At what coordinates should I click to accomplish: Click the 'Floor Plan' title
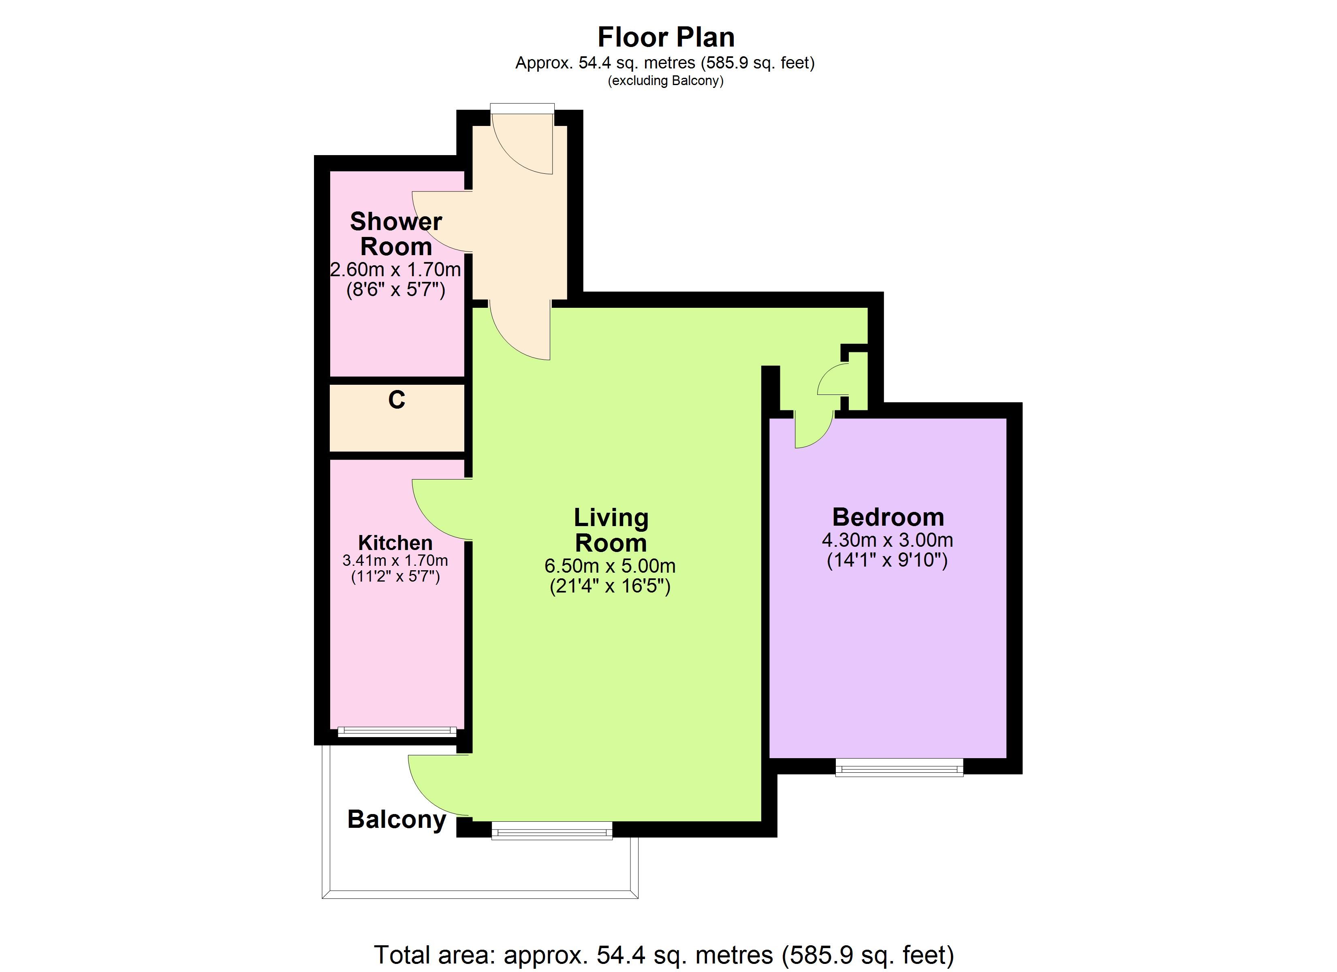click(666, 37)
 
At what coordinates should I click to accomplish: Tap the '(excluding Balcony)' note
click(666, 81)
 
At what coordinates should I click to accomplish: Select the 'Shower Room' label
click(396, 233)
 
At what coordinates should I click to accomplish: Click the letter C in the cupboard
click(397, 400)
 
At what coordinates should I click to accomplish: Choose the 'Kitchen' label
click(395, 542)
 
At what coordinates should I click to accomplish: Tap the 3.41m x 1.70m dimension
click(395, 561)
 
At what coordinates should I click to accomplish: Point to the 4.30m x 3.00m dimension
click(888, 540)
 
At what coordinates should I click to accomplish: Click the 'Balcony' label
click(397, 820)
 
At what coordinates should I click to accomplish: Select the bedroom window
click(899, 768)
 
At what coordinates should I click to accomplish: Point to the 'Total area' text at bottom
click(664, 955)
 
